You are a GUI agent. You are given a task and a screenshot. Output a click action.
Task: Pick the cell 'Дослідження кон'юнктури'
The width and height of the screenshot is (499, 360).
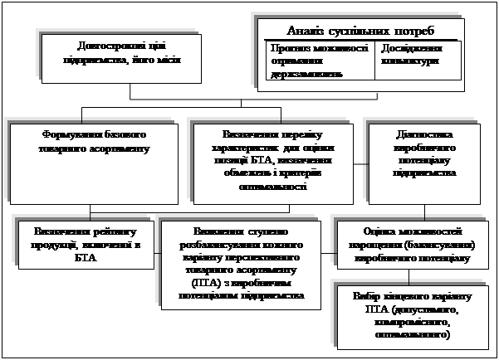(x=411, y=55)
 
